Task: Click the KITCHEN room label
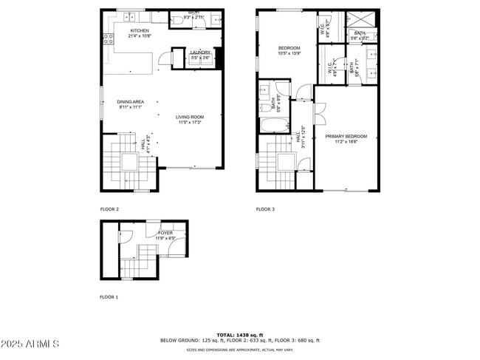140,30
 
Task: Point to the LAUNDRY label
200,52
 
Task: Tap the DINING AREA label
130,101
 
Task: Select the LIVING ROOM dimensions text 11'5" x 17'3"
190,122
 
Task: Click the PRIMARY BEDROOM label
346,136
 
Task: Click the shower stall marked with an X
362,21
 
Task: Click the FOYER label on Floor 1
165,233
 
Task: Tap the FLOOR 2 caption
110,209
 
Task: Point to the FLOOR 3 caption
266,209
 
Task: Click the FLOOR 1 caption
109,296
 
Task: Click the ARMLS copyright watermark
30,344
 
